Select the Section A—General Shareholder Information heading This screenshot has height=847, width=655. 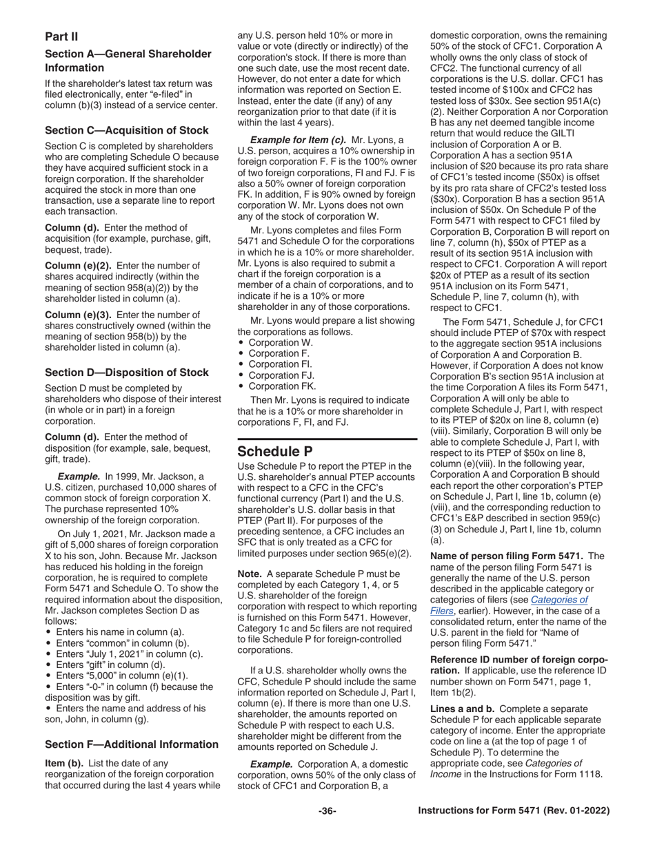(x=128, y=61)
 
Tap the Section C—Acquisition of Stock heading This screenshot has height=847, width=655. (x=127, y=130)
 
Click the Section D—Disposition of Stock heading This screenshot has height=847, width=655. (x=127, y=373)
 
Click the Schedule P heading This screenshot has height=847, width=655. (x=276, y=451)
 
